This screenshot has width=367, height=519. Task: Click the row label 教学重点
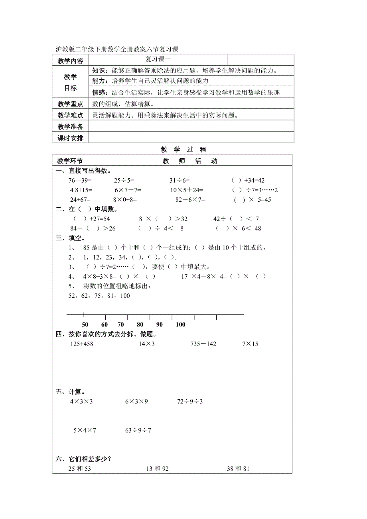70,104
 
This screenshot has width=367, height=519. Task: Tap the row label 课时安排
70,138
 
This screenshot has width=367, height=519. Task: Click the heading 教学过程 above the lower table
183,149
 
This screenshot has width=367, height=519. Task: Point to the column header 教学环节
70,161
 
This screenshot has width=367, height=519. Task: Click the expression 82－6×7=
190,199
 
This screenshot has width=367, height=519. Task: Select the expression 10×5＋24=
187,190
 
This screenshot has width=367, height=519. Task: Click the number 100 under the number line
180,324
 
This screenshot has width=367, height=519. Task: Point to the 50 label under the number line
85,324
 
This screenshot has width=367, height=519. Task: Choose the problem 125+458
81,344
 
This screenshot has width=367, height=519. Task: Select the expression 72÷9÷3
190,401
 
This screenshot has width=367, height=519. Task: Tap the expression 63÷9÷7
138,430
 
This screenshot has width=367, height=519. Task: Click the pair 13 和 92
157,468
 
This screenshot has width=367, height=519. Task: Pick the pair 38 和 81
238,468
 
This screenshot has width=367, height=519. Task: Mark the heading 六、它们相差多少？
83,459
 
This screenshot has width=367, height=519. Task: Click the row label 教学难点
70,116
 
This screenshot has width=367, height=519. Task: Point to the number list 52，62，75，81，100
99,296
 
